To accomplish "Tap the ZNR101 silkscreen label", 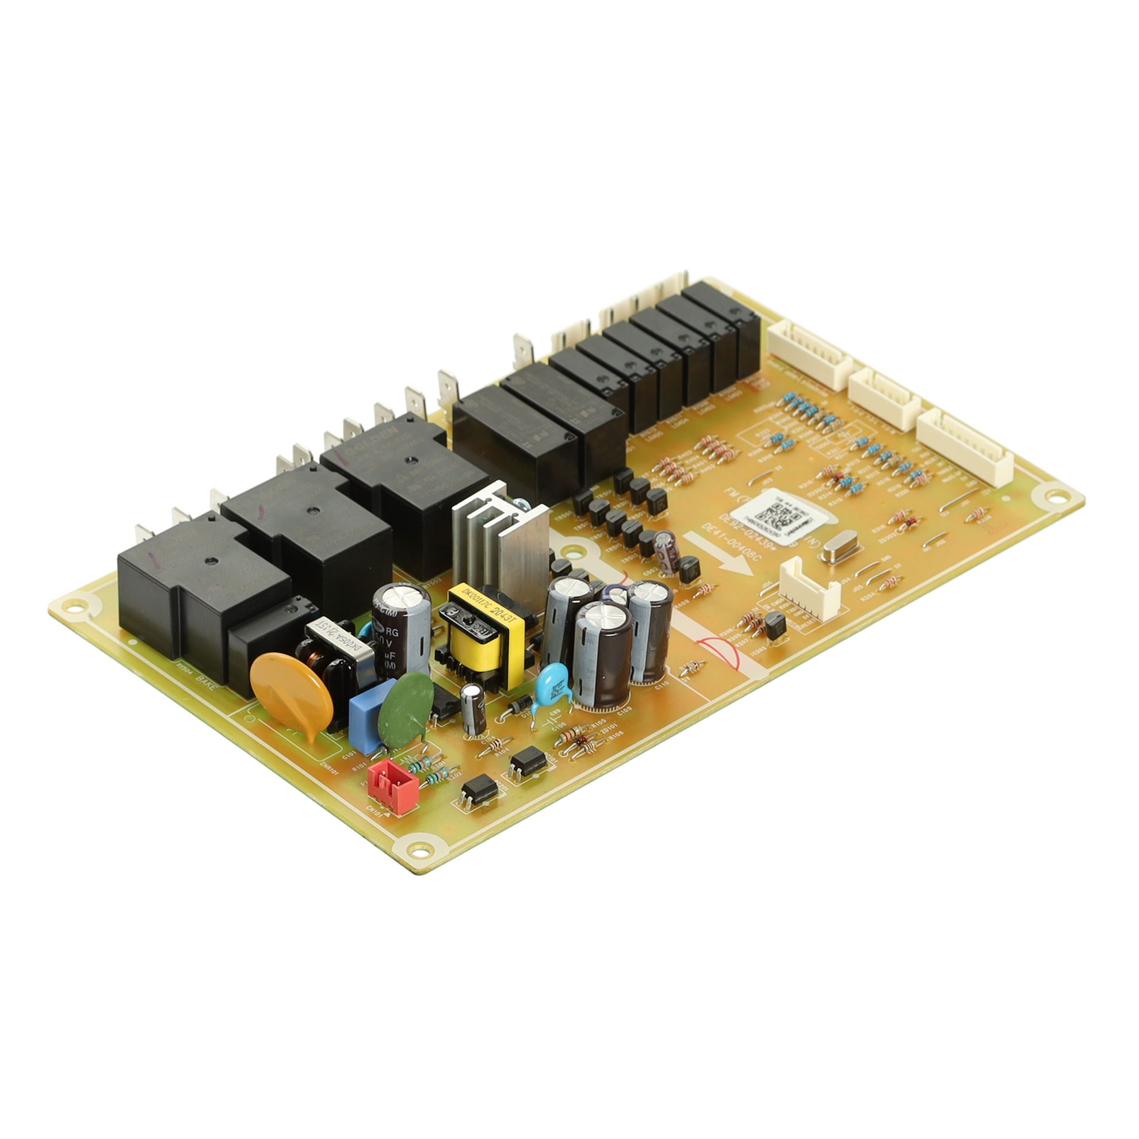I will coord(328,767).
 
